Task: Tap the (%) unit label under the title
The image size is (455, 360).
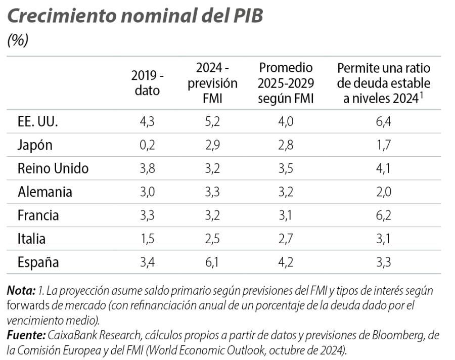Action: tap(18, 40)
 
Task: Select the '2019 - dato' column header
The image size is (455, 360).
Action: tap(147, 83)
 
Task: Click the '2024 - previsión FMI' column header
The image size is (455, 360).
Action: tap(212, 83)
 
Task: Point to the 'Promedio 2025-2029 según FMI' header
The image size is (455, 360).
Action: tap(286, 83)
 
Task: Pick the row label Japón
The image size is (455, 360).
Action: tap(35, 145)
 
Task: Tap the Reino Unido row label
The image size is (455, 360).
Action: tap(53, 168)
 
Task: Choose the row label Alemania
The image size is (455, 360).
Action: tap(44, 192)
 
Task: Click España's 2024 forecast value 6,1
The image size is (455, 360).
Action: tap(212, 262)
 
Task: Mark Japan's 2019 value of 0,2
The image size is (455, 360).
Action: tap(147, 145)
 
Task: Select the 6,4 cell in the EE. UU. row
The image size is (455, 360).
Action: tap(384, 122)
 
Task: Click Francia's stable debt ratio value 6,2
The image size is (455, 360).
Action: tap(384, 215)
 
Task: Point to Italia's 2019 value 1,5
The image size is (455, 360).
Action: tap(147, 239)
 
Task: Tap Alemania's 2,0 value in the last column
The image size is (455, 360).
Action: tap(384, 192)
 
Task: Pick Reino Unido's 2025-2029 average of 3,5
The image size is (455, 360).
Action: tap(286, 168)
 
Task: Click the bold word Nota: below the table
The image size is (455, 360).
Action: tap(21, 291)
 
